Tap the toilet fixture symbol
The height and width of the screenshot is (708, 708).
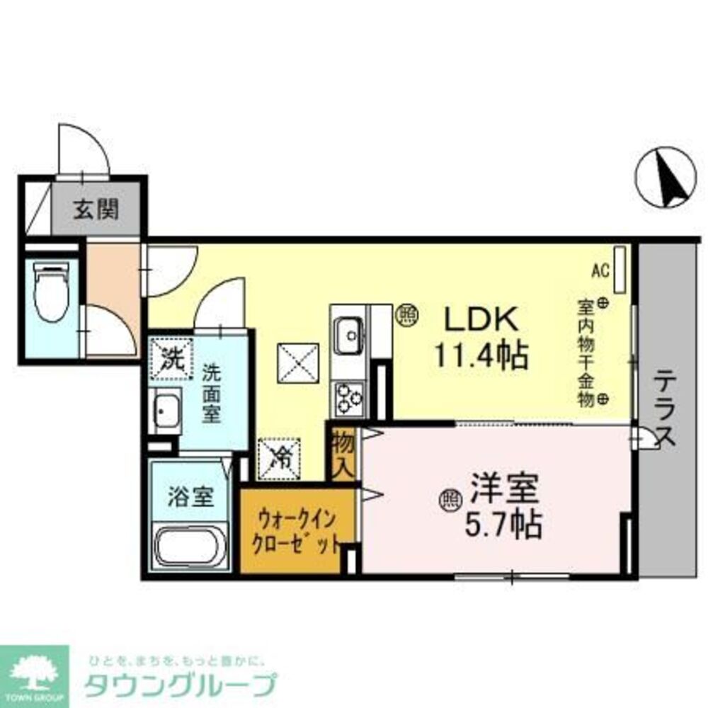52,291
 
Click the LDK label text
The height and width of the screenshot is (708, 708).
482,320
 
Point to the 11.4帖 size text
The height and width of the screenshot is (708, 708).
481,355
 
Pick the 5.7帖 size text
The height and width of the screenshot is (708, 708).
503,525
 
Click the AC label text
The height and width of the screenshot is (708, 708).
600,270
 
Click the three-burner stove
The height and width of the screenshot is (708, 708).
349,397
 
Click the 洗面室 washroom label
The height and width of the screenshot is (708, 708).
210,394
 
